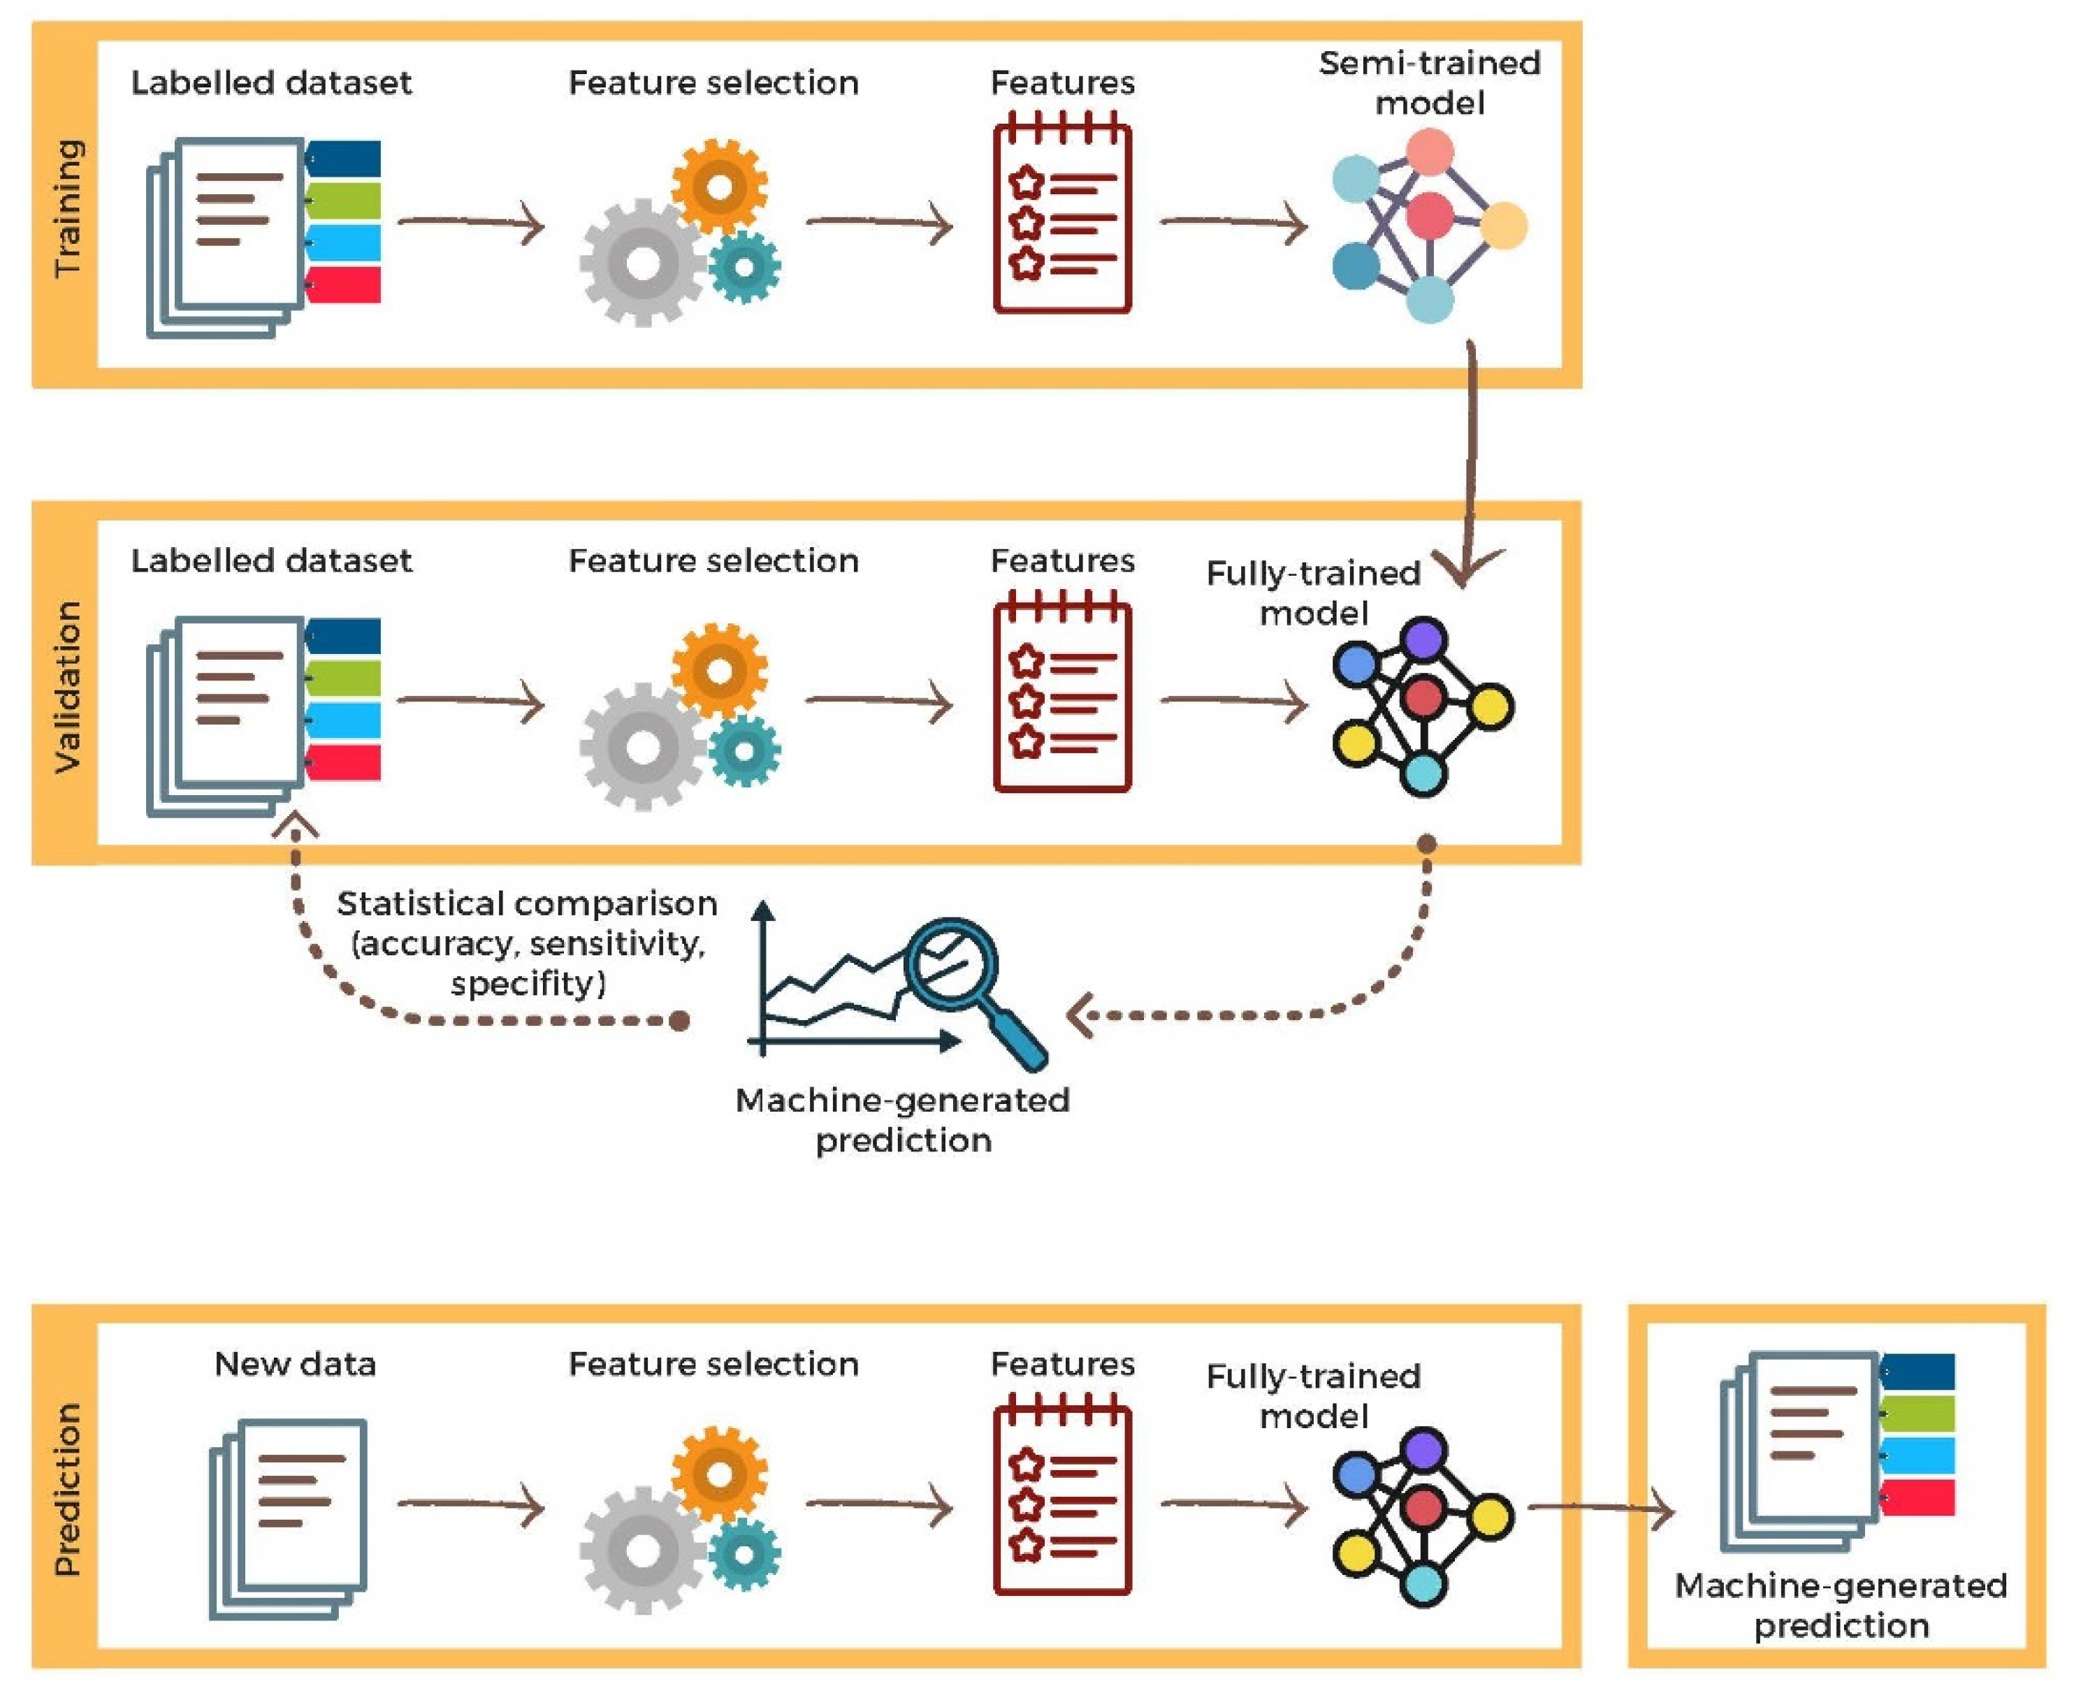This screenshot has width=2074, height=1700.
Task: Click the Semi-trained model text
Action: [x=1430, y=83]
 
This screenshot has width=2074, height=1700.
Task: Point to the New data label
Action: [x=295, y=1364]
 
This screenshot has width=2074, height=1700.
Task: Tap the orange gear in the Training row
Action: [x=720, y=186]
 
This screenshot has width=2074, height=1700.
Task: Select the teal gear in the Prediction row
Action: [x=744, y=1554]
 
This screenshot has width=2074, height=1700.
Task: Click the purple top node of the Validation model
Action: [x=1424, y=641]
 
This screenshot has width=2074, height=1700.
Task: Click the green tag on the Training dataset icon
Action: [x=342, y=201]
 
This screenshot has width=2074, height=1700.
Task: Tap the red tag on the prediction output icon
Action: [x=1917, y=1498]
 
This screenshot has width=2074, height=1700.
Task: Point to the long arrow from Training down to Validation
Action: [x=1472, y=460]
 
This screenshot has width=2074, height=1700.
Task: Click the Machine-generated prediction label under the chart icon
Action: [x=903, y=1120]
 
